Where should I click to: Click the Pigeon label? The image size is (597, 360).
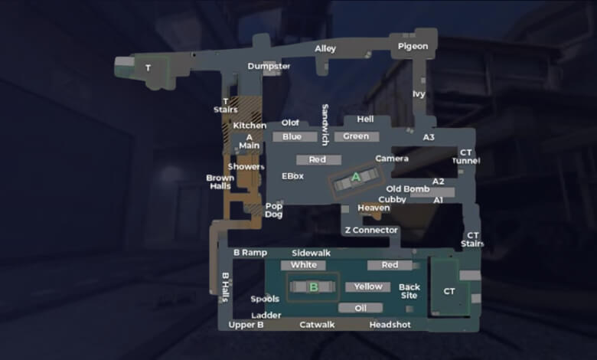click(x=413, y=47)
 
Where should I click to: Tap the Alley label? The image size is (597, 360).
click(x=325, y=49)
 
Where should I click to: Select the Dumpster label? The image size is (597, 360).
click(x=269, y=67)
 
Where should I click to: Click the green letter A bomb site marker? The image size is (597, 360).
click(x=356, y=177)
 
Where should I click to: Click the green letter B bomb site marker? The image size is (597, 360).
click(x=314, y=287)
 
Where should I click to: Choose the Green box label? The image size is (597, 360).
click(x=357, y=136)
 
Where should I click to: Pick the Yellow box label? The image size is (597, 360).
click(x=368, y=287)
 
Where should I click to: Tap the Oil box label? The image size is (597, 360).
click(x=360, y=308)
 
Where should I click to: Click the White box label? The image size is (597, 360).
click(x=303, y=265)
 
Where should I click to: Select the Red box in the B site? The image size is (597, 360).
click(x=390, y=265)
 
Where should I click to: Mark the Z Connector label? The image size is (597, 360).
click(x=371, y=230)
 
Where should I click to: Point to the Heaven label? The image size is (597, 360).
click(x=374, y=208)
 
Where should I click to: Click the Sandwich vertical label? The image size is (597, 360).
click(x=325, y=125)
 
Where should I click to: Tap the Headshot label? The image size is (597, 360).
click(x=390, y=325)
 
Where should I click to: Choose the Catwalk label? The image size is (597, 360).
click(x=317, y=325)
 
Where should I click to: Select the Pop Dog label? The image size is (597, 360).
click(x=274, y=211)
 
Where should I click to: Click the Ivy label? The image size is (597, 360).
click(x=419, y=94)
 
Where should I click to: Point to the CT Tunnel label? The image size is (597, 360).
click(x=466, y=156)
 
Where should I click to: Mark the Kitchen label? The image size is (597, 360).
click(x=250, y=126)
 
